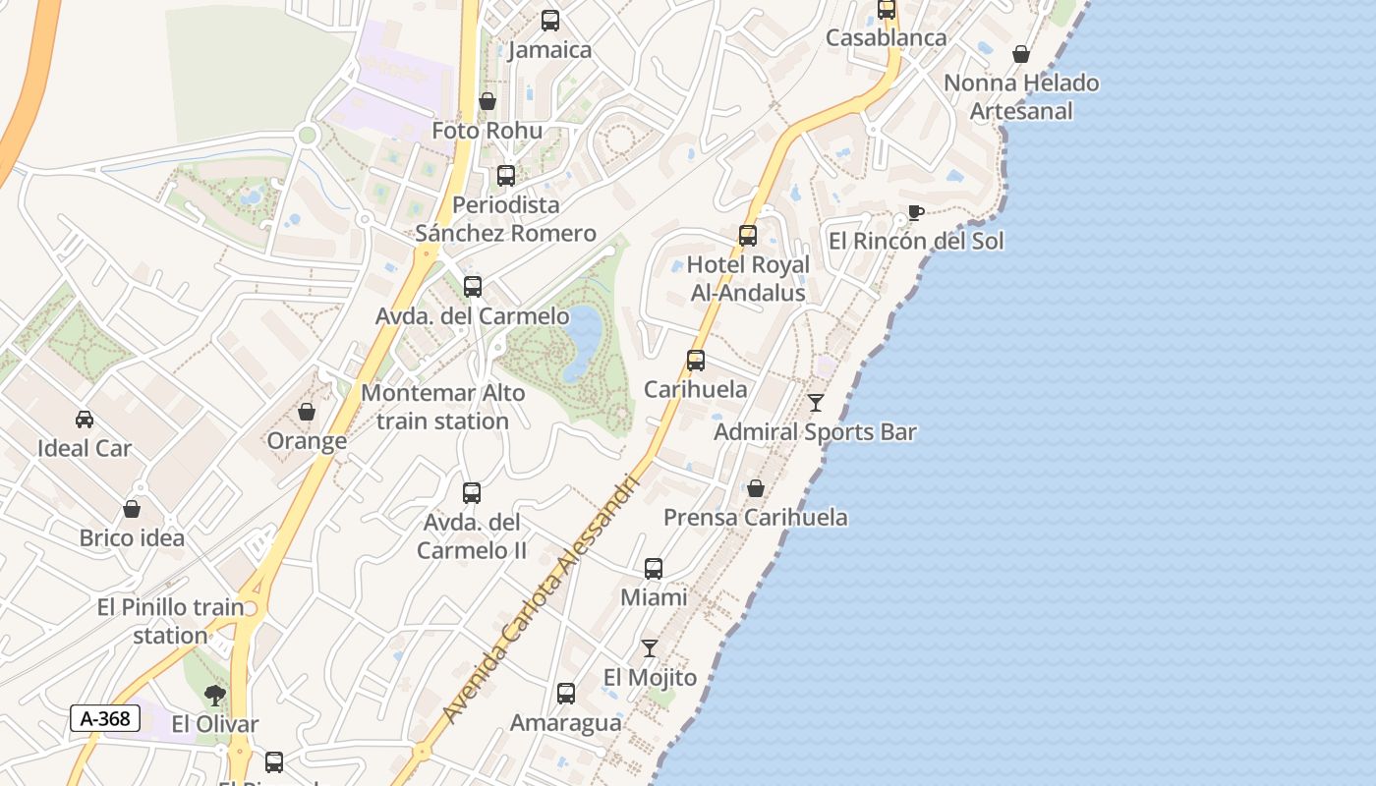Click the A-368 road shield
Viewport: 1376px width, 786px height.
(104, 718)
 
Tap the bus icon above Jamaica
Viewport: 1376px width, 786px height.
(550, 20)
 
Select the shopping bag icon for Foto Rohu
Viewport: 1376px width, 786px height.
(487, 101)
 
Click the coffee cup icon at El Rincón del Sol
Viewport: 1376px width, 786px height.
(915, 212)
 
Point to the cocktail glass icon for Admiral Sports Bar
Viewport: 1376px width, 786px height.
(816, 403)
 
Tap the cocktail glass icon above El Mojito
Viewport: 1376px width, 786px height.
(650, 648)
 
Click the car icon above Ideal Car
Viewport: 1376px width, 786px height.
(85, 420)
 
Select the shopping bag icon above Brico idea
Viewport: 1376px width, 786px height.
(132, 509)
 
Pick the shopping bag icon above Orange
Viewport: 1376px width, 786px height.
(307, 412)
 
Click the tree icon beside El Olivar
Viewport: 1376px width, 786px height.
(214, 696)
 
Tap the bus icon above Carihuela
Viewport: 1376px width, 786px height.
(696, 361)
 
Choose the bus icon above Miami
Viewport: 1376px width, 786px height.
(654, 569)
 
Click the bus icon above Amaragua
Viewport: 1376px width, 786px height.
(566, 694)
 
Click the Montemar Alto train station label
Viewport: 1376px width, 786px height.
(442, 407)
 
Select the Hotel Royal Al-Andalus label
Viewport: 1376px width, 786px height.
(748, 279)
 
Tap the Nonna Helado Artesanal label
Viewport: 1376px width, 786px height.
(1021, 96)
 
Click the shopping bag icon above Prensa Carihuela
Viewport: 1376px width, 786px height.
(756, 488)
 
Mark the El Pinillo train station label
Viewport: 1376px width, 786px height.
(171, 621)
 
